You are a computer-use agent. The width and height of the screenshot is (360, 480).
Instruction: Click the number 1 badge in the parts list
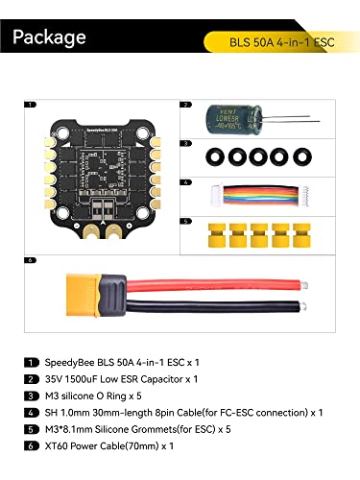[33, 362]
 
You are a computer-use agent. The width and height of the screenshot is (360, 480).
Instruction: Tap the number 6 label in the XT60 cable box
[33, 259]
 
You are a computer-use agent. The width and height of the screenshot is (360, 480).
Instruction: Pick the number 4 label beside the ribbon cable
[186, 180]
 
